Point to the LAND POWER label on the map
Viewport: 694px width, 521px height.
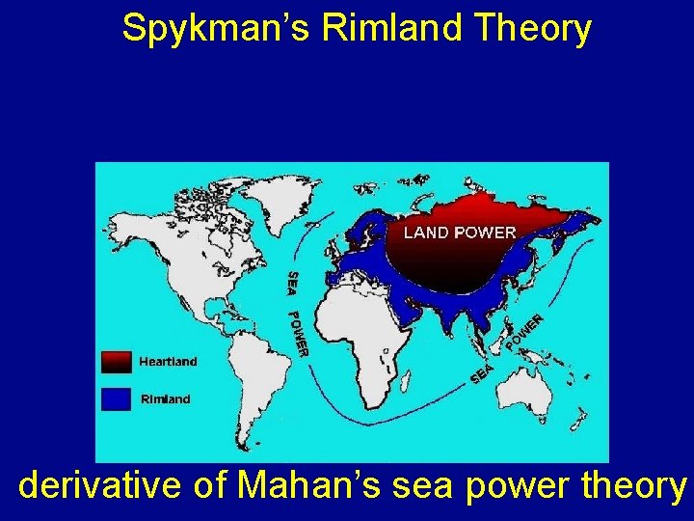click(460, 233)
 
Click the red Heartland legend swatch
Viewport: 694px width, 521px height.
click(116, 362)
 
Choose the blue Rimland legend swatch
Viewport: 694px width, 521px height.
click(116, 398)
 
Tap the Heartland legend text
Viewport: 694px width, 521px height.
click(168, 362)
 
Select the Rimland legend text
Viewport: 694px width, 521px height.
click(166, 398)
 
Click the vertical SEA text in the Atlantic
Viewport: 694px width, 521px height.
click(293, 284)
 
